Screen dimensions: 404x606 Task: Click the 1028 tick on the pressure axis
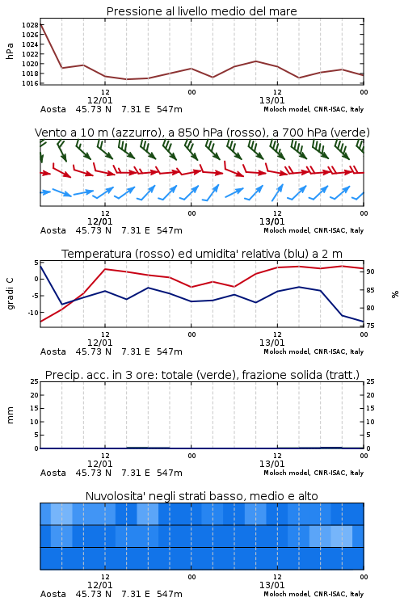coord(30,25)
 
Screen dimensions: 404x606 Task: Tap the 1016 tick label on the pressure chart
coord(30,83)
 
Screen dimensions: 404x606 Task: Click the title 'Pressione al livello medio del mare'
coord(202,11)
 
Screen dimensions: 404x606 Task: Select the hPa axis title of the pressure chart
coord(10,51)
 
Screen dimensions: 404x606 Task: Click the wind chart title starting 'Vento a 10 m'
coord(202,133)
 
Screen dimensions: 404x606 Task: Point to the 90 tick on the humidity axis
coord(370,271)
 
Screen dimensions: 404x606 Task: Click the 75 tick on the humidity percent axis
coord(370,326)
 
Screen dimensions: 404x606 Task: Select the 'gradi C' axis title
coord(10,294)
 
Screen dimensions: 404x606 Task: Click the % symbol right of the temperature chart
coord(395,294)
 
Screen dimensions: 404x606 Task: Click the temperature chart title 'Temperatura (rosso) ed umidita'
coord(202,254)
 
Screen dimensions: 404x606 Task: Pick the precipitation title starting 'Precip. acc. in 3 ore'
coord(202,375)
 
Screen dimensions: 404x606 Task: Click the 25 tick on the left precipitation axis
coord(35,381)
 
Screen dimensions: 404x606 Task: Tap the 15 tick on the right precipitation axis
coord(370,408)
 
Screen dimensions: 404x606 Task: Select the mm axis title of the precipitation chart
coord(10,415)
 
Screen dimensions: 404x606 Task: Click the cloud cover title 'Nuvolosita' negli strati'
coord(202,496)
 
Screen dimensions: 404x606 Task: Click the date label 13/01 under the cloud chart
coord(271,585)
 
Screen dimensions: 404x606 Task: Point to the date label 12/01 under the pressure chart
coord(99,100)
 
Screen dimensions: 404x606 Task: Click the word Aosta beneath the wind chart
coord(53,230)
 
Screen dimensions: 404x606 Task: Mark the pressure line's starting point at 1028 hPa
coord(40,24)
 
